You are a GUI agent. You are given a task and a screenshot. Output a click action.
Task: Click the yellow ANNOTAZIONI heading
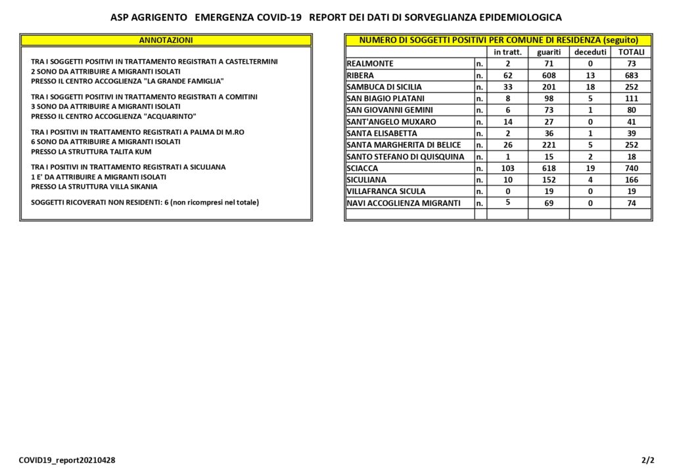(166, 40)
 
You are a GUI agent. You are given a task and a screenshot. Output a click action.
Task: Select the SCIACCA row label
(362, 168)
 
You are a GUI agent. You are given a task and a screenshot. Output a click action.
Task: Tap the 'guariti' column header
(548, 52)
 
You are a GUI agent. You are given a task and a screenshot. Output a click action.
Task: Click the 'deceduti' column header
(590, 52)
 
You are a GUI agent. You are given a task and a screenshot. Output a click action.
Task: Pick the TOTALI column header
(631, 52)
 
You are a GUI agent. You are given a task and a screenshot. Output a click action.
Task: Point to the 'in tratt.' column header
(507, 52)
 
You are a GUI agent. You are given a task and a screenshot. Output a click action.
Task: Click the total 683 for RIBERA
(631, 76)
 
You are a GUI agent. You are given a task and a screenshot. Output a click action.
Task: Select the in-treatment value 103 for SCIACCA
(507, 168)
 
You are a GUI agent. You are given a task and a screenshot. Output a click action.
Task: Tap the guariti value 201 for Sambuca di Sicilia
(548, 87)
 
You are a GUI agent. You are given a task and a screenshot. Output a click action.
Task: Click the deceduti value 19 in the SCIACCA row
(590, 168)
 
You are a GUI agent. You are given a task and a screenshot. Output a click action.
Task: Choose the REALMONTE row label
(370, 64)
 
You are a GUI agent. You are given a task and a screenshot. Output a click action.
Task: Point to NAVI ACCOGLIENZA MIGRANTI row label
(404, 203)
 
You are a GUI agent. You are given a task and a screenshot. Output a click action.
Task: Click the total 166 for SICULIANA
(631, 179)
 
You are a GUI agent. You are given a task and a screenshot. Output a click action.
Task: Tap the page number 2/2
(648, 460)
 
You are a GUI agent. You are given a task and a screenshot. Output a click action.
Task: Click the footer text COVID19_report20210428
(67, 460)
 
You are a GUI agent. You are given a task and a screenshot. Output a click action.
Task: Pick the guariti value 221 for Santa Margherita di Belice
(548, 145)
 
